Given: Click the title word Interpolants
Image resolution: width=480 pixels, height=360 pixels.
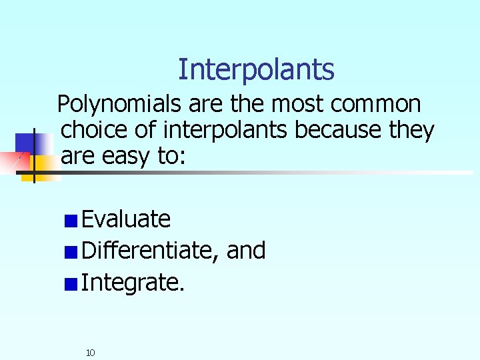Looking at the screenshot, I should click(256, 69).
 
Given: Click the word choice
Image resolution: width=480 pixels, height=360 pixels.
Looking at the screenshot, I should click(94, 131).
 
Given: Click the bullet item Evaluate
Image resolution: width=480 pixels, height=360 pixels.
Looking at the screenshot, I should click(126, 219).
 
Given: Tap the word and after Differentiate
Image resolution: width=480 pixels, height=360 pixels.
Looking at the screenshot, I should click(247, 251).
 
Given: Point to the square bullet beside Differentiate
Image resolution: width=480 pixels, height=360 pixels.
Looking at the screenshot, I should click(71, 252).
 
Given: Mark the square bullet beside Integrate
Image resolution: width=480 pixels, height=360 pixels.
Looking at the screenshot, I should click(71, 284).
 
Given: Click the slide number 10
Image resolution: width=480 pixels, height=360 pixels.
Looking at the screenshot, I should click(91, 352).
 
